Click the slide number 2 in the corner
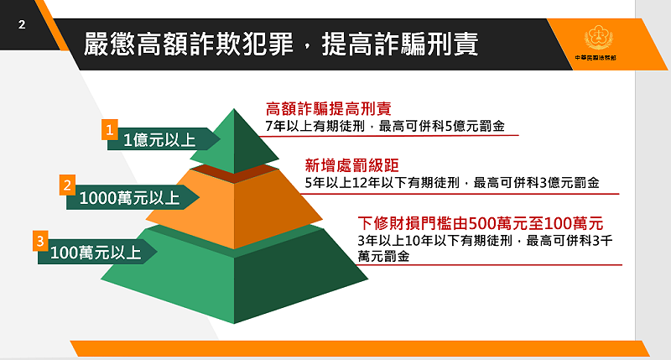tap(22, 25)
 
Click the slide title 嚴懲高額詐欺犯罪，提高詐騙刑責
tap(282, 44)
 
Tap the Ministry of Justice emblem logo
tap(599, 39)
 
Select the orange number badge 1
tap(109, 129)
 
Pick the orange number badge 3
tap(39, 242)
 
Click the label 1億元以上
tap(155, 140)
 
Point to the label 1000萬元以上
tap(130, 199)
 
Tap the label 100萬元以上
tap(96, 251)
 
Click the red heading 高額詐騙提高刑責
tap(328, 108)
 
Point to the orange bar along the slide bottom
tap(369, 347)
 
